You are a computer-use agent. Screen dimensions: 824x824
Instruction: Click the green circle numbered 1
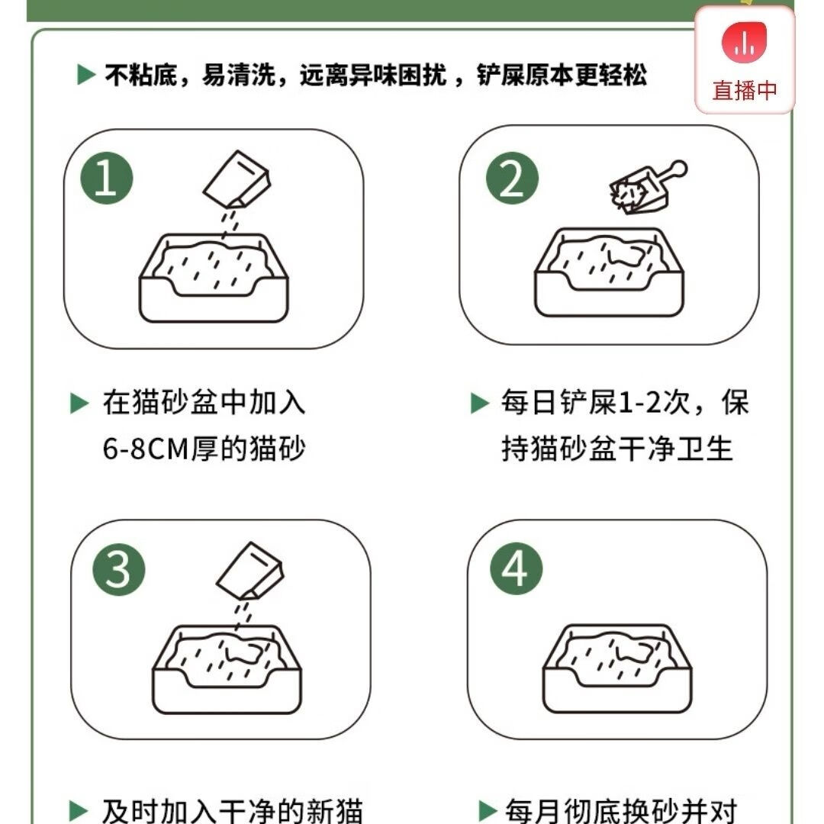click(x=107, y=178)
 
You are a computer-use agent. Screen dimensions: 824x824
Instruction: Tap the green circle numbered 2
click(x=513, y=178)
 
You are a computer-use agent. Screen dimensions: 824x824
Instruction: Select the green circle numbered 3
click(x=119, y=569)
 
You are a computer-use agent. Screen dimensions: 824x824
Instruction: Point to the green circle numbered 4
click(x=516, y=568)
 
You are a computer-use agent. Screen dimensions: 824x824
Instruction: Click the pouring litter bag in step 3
click(x=250, y=571)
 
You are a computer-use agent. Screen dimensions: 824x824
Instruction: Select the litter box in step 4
click(x=617, y=668)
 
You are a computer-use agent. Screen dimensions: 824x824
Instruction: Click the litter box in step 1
click(x=214, y=278)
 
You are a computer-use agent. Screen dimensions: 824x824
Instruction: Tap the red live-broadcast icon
click(x=744, y=42)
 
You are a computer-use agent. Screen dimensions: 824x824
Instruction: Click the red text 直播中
click(x=745, y=90)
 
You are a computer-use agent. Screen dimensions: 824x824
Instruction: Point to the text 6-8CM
click(x=146, y=449)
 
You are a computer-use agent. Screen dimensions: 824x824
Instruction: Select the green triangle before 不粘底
click(x=86, y=75)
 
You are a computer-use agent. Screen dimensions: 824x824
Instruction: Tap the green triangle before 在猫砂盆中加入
click(x=79, y=404)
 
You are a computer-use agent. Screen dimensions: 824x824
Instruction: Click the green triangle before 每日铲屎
click(x=480, y=403)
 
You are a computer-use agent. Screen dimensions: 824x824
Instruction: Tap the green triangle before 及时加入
click(x=79, y=810)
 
